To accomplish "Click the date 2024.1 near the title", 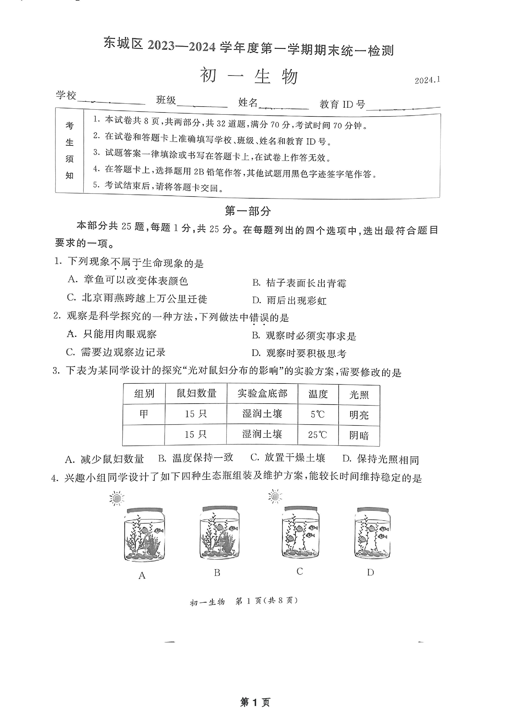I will coord(427,80).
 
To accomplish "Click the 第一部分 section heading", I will coord(248,211).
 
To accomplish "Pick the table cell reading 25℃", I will coord(318,435).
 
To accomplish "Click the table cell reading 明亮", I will coord(359,415).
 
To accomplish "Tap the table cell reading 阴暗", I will coord(359,436).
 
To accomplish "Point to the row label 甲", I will coord(144,414).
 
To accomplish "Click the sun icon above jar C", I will coord(275,496).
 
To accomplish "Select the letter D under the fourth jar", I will coord(371,572).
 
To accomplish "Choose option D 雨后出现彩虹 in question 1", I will coord(289,301).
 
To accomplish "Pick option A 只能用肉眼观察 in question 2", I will coord(112,334).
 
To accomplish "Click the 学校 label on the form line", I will coord(66,95).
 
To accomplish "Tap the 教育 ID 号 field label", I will coord(342,104).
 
